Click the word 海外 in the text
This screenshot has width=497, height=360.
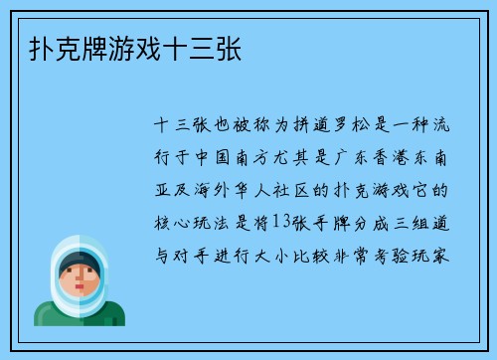pyautogui.click(x=218, y=189)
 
